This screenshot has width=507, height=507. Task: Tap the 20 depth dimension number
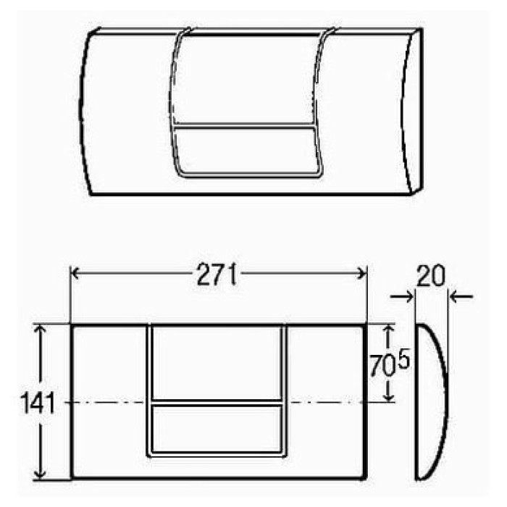coord(431,277)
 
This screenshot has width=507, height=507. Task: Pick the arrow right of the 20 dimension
coord(461,296)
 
